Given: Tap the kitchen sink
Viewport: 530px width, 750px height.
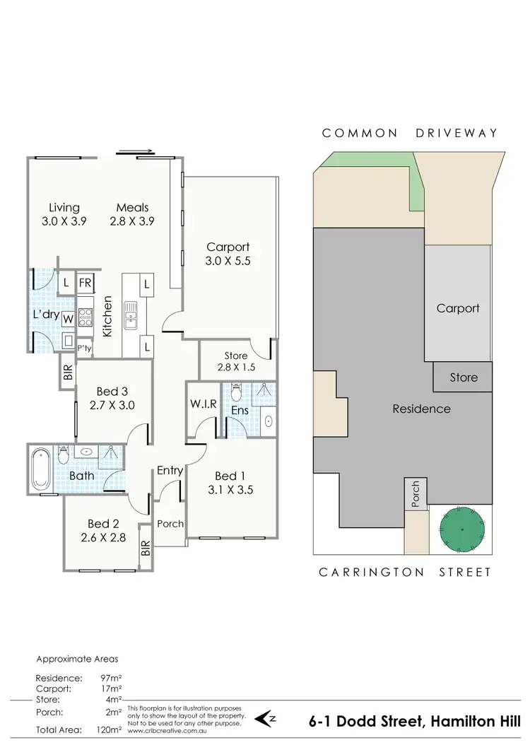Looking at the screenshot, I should click(131, 315).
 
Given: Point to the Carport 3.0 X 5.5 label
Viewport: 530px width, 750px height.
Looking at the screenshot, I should click(228, 254).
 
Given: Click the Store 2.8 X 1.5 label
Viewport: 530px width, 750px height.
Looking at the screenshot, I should click(235, 361).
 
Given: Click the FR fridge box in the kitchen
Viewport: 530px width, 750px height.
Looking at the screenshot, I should click(86, 283).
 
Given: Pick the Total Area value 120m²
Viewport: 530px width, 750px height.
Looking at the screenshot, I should click(110, 730).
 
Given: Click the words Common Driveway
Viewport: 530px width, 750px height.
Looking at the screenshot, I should click(410, 133).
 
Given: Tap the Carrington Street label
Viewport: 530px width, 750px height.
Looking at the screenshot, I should click(404, 572).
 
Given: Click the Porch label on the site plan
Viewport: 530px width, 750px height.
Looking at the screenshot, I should click(415, 493).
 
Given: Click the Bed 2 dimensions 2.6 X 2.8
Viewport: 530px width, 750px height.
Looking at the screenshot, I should click(103, 537).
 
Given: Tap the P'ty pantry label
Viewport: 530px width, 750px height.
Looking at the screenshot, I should click(85, 348).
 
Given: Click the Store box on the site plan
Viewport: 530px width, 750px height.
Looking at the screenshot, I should click(464, 377).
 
